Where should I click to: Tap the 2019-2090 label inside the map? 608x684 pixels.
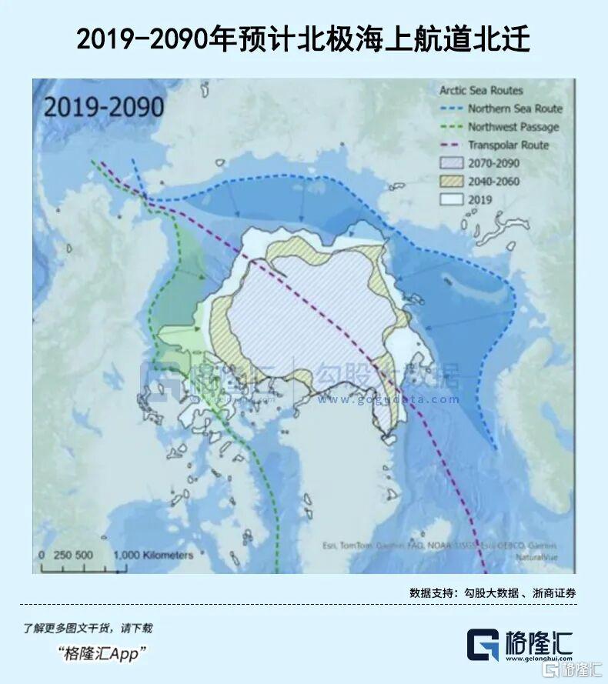103,106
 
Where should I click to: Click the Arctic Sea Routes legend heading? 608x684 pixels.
481,91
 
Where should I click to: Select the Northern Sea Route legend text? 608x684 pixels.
515,109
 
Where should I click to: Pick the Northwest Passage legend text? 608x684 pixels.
513,127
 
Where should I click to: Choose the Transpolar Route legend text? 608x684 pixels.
508,145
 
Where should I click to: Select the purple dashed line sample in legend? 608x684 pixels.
449,145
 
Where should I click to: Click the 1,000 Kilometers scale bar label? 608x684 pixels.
154,555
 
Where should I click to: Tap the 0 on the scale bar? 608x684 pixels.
42,555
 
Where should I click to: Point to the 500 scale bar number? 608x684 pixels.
84,555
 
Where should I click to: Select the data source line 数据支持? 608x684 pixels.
493,593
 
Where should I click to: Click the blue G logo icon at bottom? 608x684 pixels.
483,645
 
